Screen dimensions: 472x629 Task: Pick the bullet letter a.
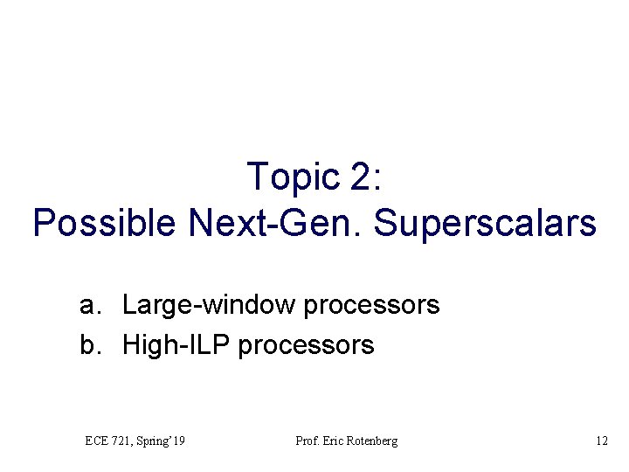[87, 305]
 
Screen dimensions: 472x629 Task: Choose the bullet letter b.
[87, 345]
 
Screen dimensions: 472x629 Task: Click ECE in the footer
[98, 441]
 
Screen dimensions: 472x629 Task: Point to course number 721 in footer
[123, 441]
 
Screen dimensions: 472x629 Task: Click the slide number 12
[601, 441]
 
